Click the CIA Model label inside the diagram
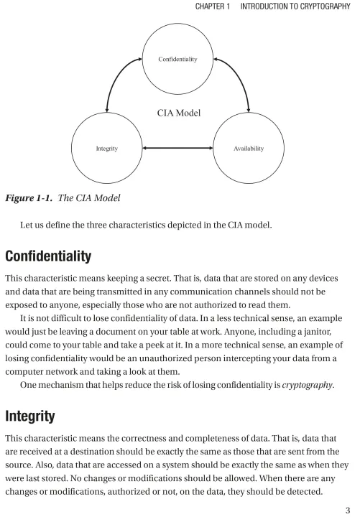point(179,113)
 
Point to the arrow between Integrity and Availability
point(177,148)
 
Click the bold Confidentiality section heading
point(48,256)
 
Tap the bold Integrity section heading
point(29,416)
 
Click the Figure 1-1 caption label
point(29,198)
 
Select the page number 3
point(348,510)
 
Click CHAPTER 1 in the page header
point(213,6)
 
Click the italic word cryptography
point(308,385)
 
